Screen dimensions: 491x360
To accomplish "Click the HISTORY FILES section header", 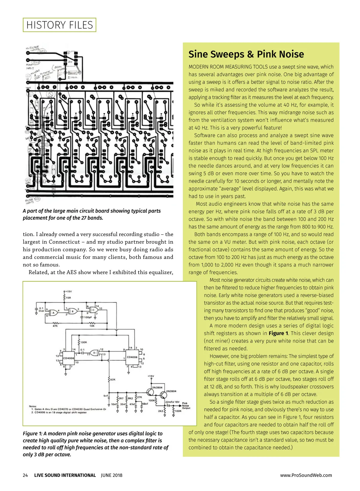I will click(x=59, y=25).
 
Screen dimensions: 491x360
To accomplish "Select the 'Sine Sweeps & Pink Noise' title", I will click(x=246, y=54).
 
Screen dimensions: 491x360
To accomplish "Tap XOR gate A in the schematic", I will click(x=54, y=313).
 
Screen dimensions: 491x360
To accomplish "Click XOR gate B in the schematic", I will click(x=73, y=311).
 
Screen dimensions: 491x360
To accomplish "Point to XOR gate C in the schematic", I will click(x=93, y=310).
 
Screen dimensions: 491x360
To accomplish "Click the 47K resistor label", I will click(x=55, y=326).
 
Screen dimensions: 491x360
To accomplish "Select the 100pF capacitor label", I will click(x=88, y=317).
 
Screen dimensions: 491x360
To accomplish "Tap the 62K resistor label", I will click(x=113, y=379).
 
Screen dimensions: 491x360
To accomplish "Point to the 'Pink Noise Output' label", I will click(x=186, y=406).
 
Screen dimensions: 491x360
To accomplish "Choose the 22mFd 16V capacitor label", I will click(x=172, y=402).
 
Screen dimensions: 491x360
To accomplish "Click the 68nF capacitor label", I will click(x=145, y=404).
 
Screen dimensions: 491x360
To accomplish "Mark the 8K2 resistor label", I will click(x=130, y=398).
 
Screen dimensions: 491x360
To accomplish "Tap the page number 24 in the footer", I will click(x=25, y=475).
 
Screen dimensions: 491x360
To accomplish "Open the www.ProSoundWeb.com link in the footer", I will click(x=306, y=475).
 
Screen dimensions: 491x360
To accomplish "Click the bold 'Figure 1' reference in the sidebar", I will click(x=278, y=333).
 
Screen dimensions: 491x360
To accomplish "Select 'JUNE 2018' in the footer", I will click(x=112, y=475).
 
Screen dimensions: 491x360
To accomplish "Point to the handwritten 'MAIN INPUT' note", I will click(x=30, y=66).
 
